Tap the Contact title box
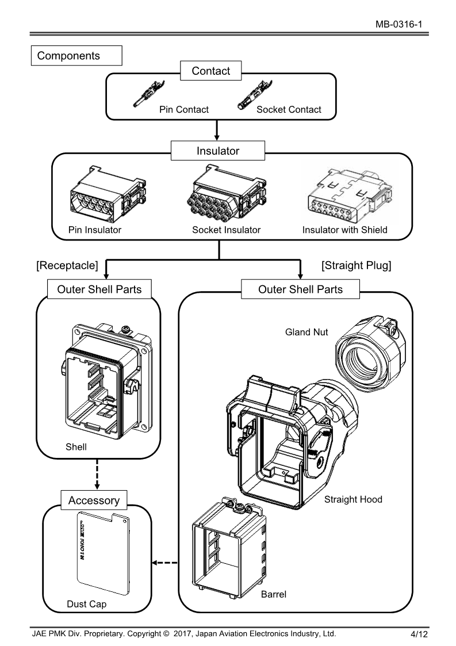click(210, 71)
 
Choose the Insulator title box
click(218, 151)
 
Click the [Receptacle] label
click(67, 265)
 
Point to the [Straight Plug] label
click(356, 265)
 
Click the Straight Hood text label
click(353, 499)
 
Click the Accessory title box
click(93, 500)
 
